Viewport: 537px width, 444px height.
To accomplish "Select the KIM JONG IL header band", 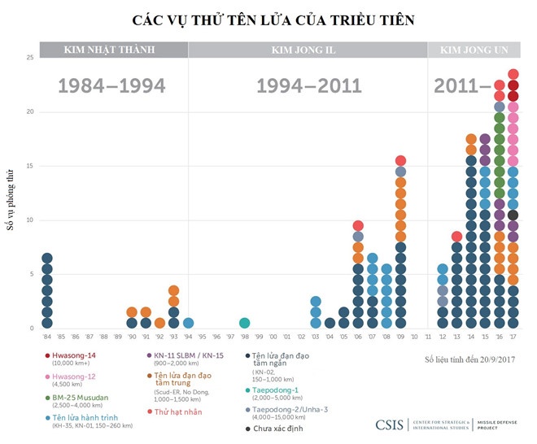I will pyautogui.click(x=308, y=50).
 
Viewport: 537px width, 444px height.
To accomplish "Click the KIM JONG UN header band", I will pyautogui.click(x=474, y=50).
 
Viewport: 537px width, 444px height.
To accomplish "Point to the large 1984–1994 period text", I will pyautogui.click(x=111, y=86).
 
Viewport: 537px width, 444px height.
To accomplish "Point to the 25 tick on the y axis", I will pyautogui.click(x=30, y=57).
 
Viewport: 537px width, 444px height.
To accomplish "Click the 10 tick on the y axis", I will pyautogui.click(x=30, y=220).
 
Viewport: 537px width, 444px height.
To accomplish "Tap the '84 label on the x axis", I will pyautogui.click(x=47, y=337).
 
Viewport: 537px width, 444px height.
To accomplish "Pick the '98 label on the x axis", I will pyautogui.click(x=244, y=337).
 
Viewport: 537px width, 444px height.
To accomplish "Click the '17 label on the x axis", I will pyautogui.click(x=513, y=337).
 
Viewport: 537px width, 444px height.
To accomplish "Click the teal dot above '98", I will pyautogui.click(x=244, y=323).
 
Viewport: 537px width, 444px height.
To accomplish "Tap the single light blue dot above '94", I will pyautogui.click(x=188, y=323).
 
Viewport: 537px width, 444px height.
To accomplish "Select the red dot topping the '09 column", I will pyautogui.click(x=400, y=161).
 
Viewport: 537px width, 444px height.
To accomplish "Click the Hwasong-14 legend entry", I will pyautogui.click(x=73, y=355).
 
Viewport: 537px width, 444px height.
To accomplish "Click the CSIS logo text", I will pyautogui.click(x=391, y=424).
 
